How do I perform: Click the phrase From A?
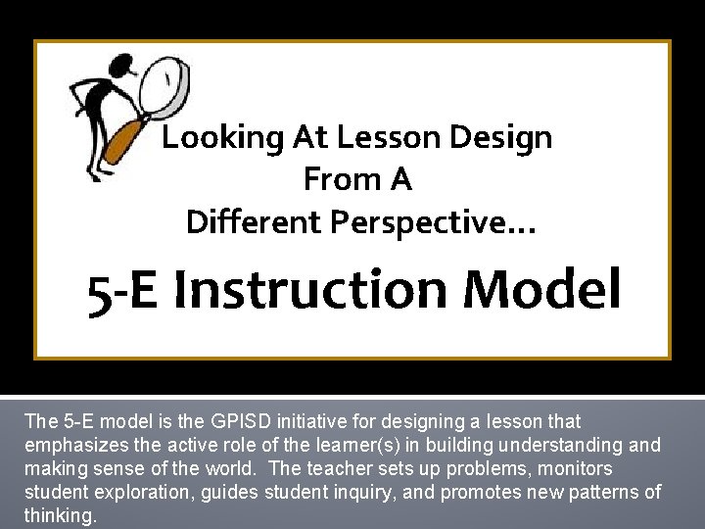point(357,180)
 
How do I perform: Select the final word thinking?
point(60,515)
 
